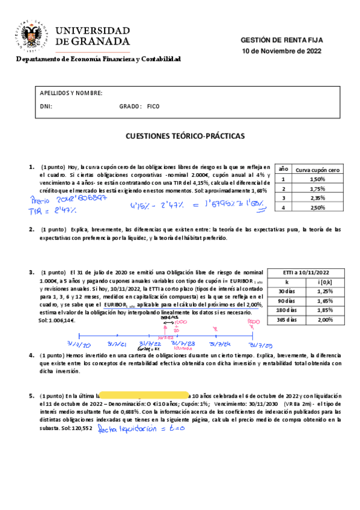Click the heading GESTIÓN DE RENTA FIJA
pos(281,40)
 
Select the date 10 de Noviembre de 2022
pos(281,51)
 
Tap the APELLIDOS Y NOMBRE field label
pos(71,93)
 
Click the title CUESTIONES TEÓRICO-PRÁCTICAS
pos(180,137)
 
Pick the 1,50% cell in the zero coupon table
pos(317,179)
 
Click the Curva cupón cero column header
pos(317,170)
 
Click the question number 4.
pos(31,355)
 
